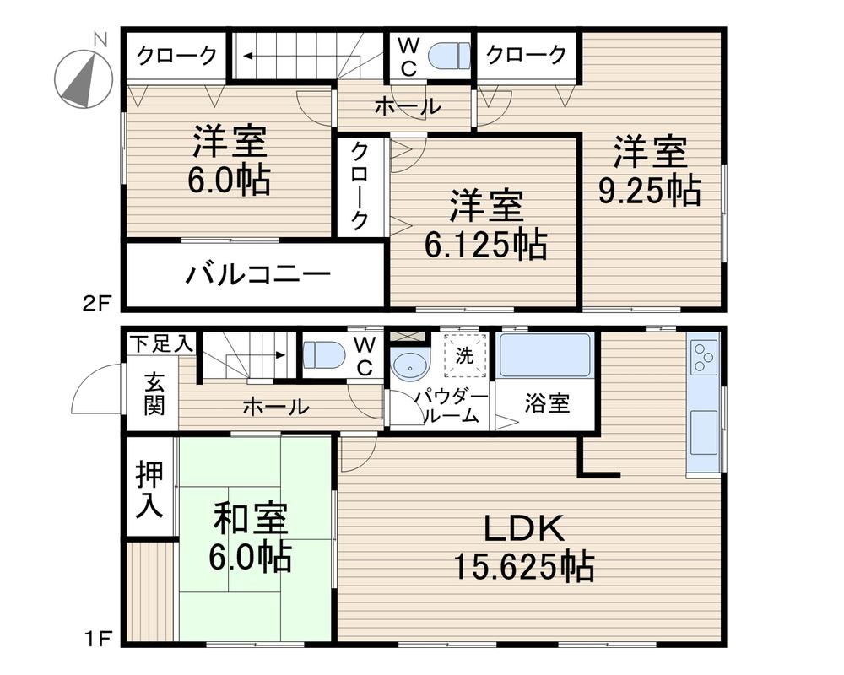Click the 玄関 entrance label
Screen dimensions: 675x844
click(154, 394)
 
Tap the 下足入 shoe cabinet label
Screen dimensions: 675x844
click(160, 343)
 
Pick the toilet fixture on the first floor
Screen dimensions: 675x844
click(324, 355)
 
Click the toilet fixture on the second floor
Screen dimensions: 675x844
click(448, 56)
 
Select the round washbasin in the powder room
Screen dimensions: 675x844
click(411, 365)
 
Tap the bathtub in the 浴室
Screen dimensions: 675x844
click(544, 356)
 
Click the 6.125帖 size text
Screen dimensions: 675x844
click(484, 244)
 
